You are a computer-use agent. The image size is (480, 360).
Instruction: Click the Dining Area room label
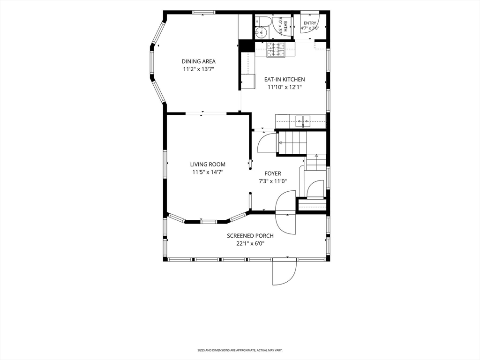click(x=198, y=61)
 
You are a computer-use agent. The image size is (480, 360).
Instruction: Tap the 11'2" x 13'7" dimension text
click(x=198, y=69)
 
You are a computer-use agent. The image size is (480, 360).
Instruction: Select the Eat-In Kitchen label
click(x=285, y=79)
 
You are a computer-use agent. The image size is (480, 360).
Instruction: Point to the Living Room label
click(x=208, y=165)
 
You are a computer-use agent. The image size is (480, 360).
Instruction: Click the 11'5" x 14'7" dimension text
click(x=208, y=172)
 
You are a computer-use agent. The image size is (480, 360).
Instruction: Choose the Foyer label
click(x=273, y=173)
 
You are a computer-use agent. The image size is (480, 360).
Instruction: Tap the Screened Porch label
click(x=250, y=236)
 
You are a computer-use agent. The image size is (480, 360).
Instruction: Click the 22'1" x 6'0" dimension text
click(x=250, y=244)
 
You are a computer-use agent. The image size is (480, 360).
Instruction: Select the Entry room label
click(x=310, y=23)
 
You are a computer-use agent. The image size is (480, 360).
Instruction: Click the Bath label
click(x=285, y=26)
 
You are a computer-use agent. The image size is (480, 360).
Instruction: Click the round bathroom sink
click(x=261, y=32)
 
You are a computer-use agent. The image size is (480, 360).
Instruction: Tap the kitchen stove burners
click(x=276, y=50)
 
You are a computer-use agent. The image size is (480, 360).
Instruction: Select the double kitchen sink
click(x=303, y=121)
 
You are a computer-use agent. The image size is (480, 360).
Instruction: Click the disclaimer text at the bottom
click(x=240, y=350)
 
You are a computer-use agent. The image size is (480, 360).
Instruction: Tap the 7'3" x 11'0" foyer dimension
click(x=273, y=181)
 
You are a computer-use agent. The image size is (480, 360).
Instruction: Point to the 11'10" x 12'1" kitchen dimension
click(x=285, y=87)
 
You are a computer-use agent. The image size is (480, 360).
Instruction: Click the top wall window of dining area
click(x=203, y=13)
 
